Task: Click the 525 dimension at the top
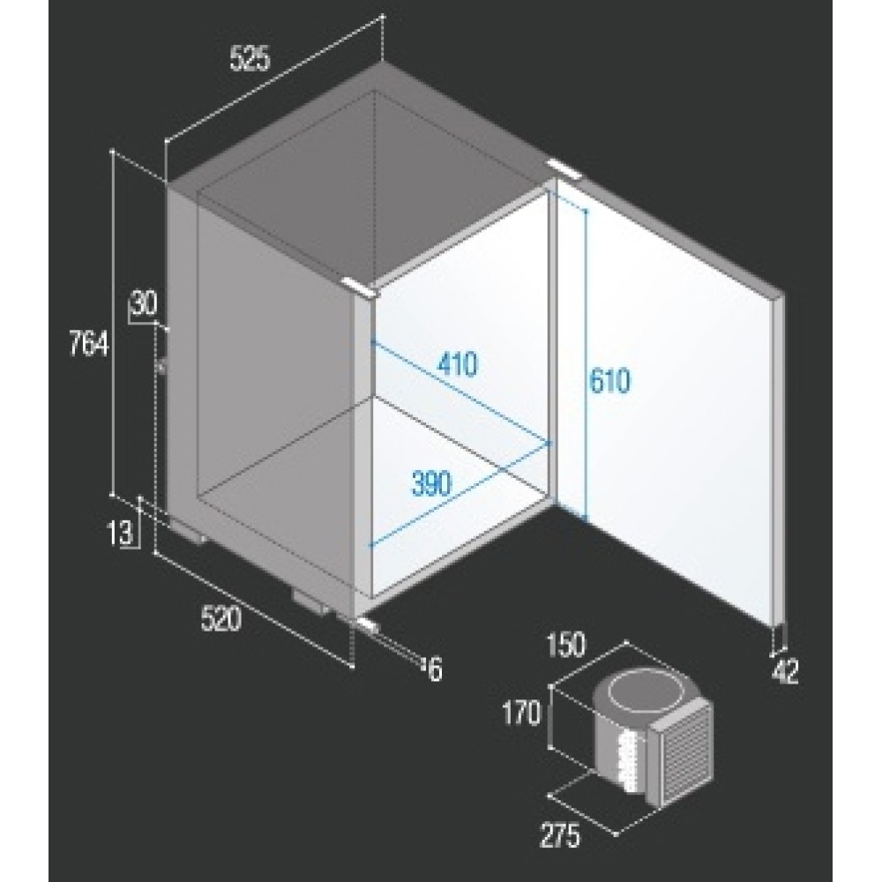[250, 58]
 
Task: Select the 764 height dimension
[88, 343]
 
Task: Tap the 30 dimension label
[144, 303]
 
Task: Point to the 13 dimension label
[120, 533]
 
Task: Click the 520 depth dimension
[221, 618]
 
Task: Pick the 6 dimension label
[436, 669]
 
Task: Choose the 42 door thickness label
[785, 670]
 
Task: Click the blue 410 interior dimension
[457, 363]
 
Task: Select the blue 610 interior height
[610, 380]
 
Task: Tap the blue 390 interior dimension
[431, 483]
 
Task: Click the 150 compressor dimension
[565, 645]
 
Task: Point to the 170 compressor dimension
[521, 714]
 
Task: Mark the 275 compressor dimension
[560, 835]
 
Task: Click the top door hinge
[566, 168]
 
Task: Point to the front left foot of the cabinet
[188, 532]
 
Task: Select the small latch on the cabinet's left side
[162, 366]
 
